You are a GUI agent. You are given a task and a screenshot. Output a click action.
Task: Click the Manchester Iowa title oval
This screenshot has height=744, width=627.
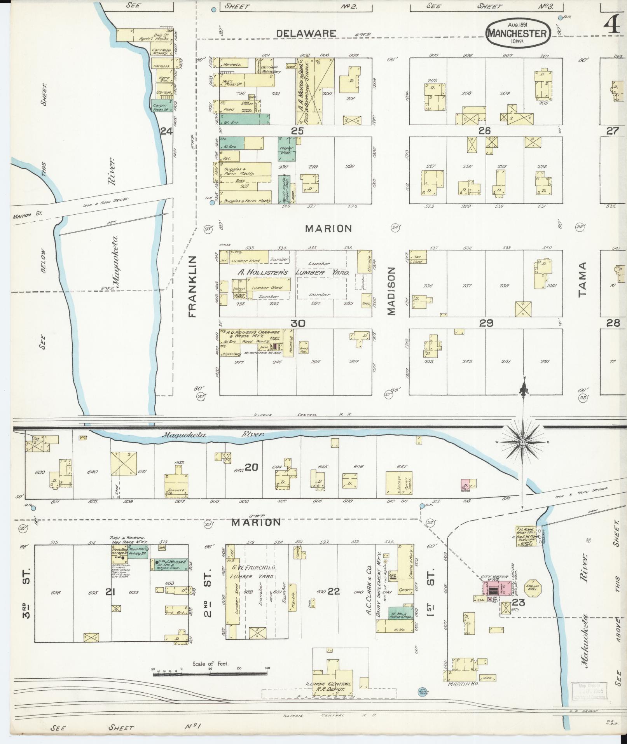[x=517, y=33]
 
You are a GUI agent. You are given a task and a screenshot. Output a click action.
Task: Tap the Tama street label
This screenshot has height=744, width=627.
[x=582, y=279]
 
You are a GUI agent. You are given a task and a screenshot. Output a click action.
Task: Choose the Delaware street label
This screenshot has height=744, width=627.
[x=306, y=33]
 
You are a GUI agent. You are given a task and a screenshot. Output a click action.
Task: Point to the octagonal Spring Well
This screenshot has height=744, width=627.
[x=533, y=589]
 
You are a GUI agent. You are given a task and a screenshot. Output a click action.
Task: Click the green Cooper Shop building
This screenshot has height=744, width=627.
[x=287, y=149]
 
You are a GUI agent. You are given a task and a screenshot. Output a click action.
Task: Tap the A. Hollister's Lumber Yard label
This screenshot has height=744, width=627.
[x=293, y=273]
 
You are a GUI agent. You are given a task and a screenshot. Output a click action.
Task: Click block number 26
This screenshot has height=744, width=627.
[x=485, y=131]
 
